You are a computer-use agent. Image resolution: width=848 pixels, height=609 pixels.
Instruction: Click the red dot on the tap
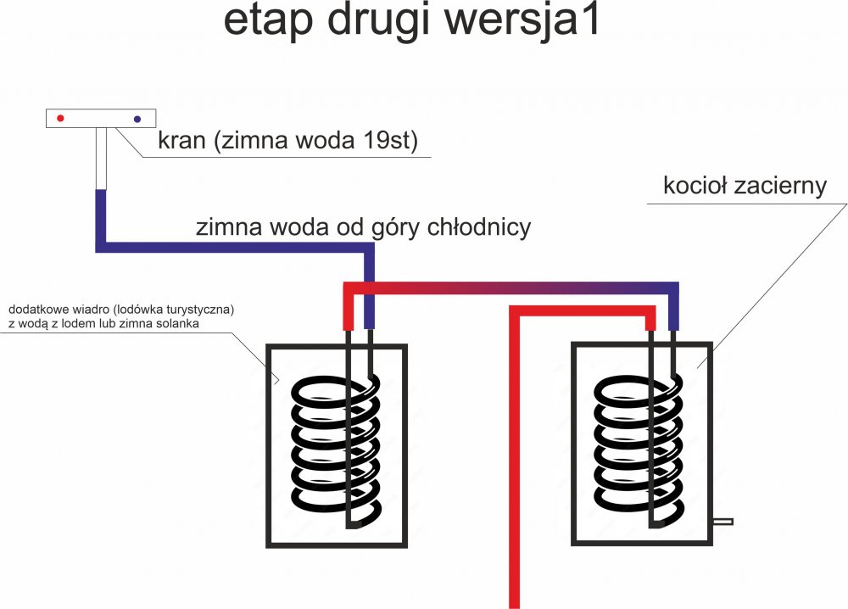[60, 119]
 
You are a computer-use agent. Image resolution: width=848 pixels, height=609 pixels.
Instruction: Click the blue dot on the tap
[137, 119]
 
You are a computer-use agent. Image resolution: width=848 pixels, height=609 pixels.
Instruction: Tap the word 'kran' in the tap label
[181, 140]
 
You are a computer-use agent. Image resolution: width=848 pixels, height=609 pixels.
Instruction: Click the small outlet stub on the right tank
[722, 521]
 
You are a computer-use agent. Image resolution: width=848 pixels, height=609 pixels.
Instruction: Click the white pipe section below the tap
[101, 159]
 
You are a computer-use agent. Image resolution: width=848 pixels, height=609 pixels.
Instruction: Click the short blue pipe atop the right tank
[674, 315]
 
